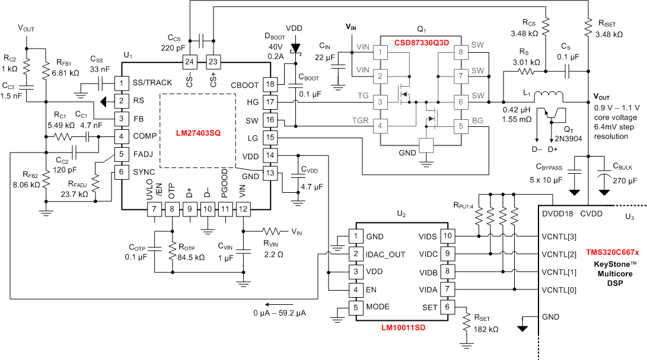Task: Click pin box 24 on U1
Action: coord(189,62)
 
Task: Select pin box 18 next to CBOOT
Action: coord(270,85)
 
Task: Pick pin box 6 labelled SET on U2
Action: coord(447,308)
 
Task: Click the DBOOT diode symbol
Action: coord(293,47)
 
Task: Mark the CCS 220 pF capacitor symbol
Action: coord(203,40)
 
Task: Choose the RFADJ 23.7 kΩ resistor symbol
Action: coord(95,187)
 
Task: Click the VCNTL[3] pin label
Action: coord(558,237)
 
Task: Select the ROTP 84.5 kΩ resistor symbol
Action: coord(172,252)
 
